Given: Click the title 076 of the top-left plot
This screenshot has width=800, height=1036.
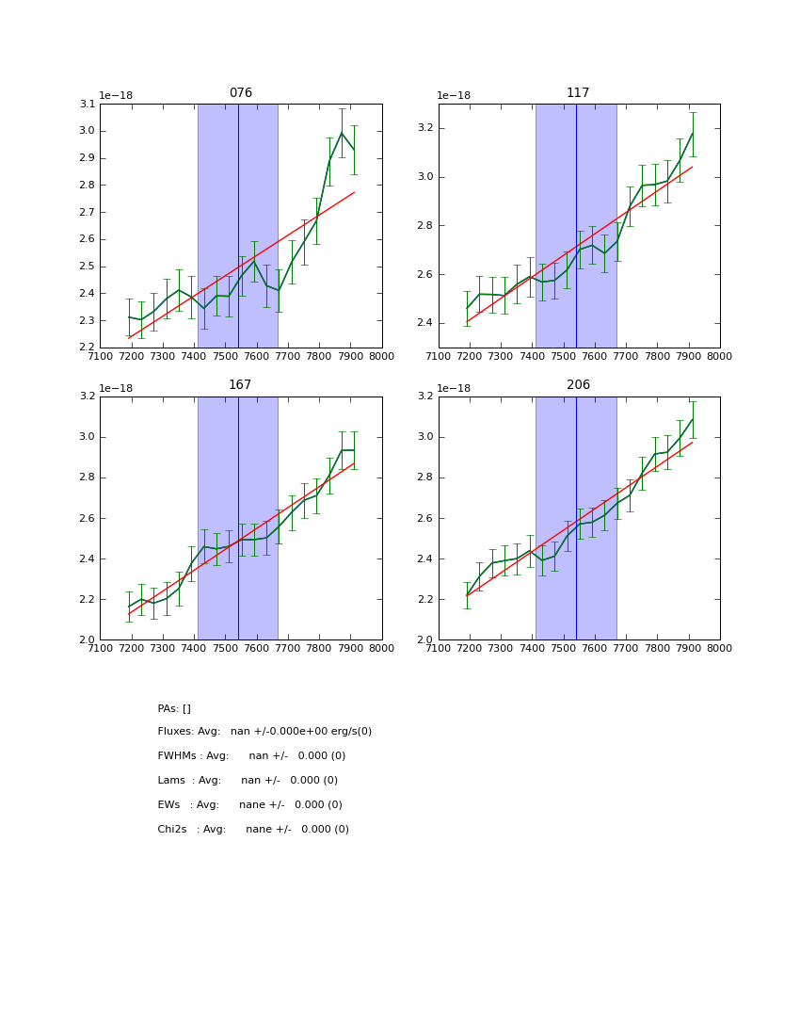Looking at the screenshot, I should [241, 93].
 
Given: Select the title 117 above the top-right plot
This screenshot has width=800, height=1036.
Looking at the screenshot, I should [578, 93].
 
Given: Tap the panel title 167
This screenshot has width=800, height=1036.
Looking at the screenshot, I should [240, 385].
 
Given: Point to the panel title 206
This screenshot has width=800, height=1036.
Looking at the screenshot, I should [578, 385].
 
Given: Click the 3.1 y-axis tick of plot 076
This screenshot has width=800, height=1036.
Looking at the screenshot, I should [87, 104].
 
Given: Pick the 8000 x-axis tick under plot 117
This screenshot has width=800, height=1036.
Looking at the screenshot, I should [719, 356].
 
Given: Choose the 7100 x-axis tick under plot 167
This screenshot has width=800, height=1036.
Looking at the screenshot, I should [100, 648].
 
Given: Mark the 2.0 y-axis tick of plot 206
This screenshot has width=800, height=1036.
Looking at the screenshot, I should [424, 639].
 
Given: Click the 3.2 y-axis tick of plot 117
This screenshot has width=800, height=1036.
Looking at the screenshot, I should [424, 128].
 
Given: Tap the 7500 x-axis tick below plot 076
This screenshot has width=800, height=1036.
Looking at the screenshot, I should [225, 356].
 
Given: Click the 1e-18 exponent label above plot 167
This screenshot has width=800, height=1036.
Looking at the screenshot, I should [116, 388].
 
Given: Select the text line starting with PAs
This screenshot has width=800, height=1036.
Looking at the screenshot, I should [174, 708].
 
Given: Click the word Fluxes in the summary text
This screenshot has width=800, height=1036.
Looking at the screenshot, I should [175, 732].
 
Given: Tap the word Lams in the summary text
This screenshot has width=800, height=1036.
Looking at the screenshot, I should [170, 781].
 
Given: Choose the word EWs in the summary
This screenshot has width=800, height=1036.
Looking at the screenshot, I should [168, 805].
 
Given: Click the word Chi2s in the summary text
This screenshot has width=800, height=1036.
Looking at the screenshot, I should [172, 830].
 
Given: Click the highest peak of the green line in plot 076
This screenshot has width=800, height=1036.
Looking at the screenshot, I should [342, 132].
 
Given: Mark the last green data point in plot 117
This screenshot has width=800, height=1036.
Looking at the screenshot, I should [693, 133].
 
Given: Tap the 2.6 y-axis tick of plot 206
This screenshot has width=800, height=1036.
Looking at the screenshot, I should [424, 518].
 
